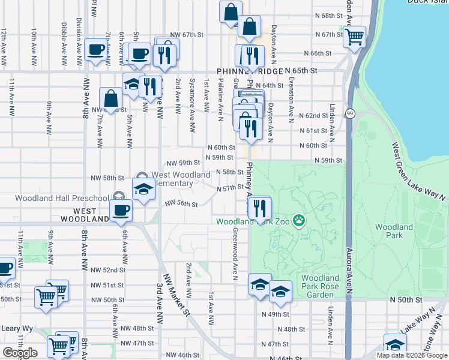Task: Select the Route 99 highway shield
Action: (x=350, y=113)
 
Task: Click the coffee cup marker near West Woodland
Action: (x=121, y=210)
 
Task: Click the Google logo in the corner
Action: (x=19, y=353)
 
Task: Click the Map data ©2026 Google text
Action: (x=412, y=355)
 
